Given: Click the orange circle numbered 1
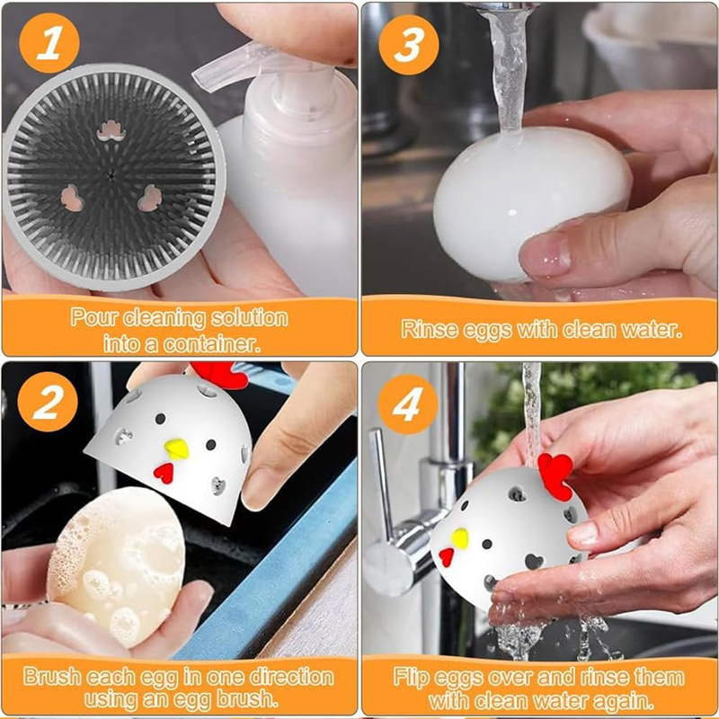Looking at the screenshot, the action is pos(49,42).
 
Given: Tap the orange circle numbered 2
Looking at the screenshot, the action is pos(48,402).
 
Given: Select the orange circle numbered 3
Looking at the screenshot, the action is pos(409,44).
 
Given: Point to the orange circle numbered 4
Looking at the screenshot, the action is pos(408,404).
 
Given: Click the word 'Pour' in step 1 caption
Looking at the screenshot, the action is pos(93,317).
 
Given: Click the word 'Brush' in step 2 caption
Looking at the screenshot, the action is pos(52,677).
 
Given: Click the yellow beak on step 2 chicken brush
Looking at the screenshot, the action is pos(176,448).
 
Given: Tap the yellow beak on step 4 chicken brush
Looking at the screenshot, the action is pos(460,538).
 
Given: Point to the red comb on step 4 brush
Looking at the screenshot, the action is pos(556,475).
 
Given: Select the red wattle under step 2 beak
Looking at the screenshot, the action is pos(164,473).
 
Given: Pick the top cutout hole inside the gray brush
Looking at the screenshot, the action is pos(111,130).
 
